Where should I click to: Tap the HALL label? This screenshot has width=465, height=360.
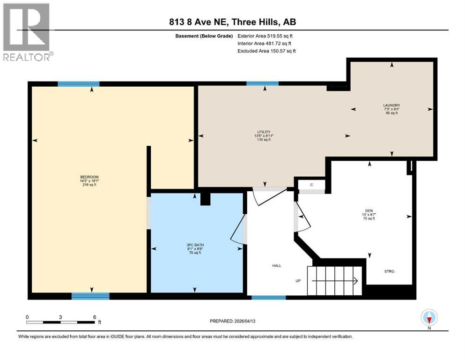click(x=276, y=266)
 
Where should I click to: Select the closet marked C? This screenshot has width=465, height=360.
click(x=311, y=185)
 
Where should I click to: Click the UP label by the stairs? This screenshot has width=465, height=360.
click(x=298, y=281)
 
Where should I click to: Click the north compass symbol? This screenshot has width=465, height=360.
click(x=429, y=318)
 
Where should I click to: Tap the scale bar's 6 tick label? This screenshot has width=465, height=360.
click(x=95, y=317)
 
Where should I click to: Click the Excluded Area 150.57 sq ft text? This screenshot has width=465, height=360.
click(x=266, y=51)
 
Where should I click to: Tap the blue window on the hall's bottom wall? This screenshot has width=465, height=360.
click(x=268, y=297)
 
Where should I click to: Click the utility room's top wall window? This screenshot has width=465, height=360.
click(x=262, y=83)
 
